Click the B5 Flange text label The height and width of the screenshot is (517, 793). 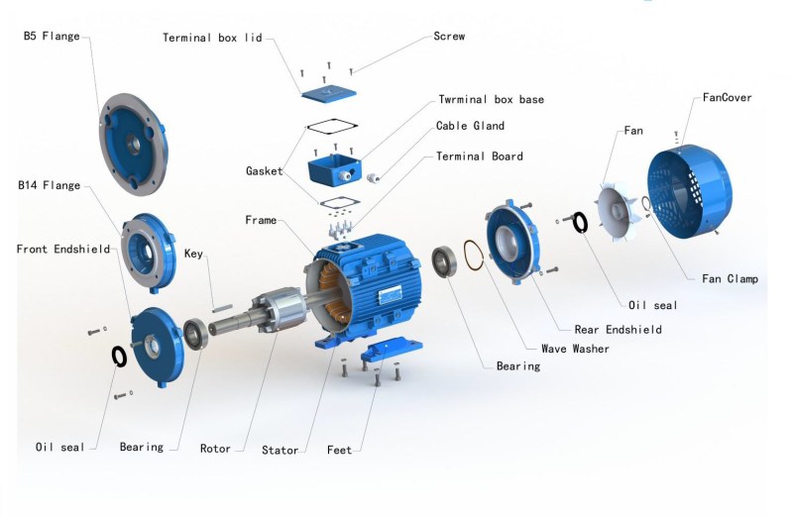[52, 36]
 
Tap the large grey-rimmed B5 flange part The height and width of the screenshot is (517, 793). [133, 145]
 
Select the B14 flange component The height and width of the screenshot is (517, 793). [148, 253]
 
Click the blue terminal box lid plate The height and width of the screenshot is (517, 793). [329, 93]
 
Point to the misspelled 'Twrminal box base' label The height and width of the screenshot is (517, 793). [491, 99]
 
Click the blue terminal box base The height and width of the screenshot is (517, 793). [334, 170]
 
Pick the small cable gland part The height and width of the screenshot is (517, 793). [374, 178]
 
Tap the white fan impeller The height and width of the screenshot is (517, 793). [619, 211]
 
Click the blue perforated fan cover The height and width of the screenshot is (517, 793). [690, 191]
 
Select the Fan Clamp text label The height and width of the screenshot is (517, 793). [730, 278]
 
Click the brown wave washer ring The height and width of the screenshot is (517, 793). [474, 256]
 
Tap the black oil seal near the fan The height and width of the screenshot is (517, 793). [580, 223]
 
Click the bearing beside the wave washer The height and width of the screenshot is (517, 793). [444, 261]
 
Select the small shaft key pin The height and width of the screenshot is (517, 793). [222, 308]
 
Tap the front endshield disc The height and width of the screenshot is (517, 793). [158, 348]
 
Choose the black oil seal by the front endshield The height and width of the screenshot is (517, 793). [119, 357]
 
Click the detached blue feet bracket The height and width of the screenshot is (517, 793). [392, 349]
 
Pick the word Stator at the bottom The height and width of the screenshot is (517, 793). [280, 450]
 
